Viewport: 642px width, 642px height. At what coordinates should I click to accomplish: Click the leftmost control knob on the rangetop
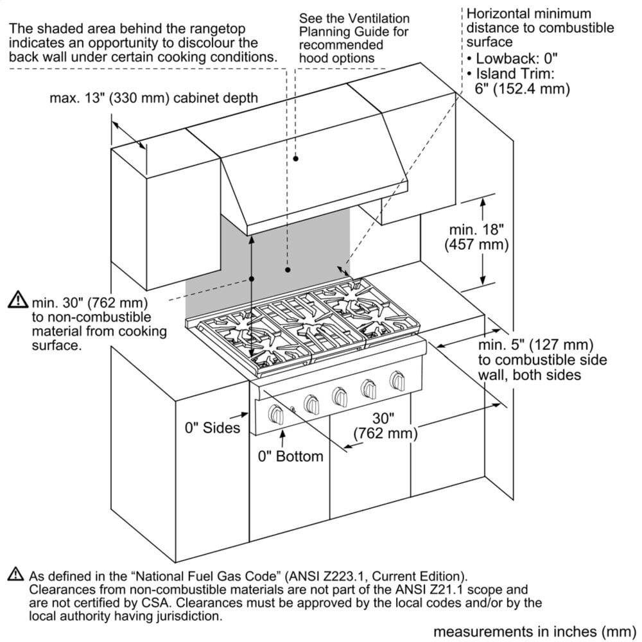[x=277, y=413]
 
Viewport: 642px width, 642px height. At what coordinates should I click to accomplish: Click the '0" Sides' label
[x=213, y=428]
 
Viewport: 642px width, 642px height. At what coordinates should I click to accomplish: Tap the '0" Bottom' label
[x=290, y=456]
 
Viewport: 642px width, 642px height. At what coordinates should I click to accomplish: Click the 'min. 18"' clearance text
[x=477, y=229]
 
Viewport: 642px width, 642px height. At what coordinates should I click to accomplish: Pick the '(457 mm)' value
[x=477, y=245]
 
